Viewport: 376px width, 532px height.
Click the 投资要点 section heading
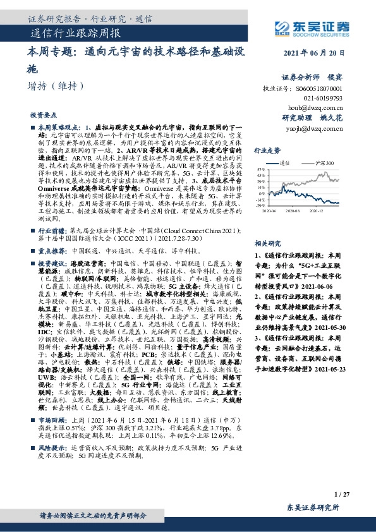[x=42, y=116]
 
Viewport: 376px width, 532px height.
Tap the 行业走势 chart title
[x=267, y=151]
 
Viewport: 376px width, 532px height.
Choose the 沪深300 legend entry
[x=323, y=162]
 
